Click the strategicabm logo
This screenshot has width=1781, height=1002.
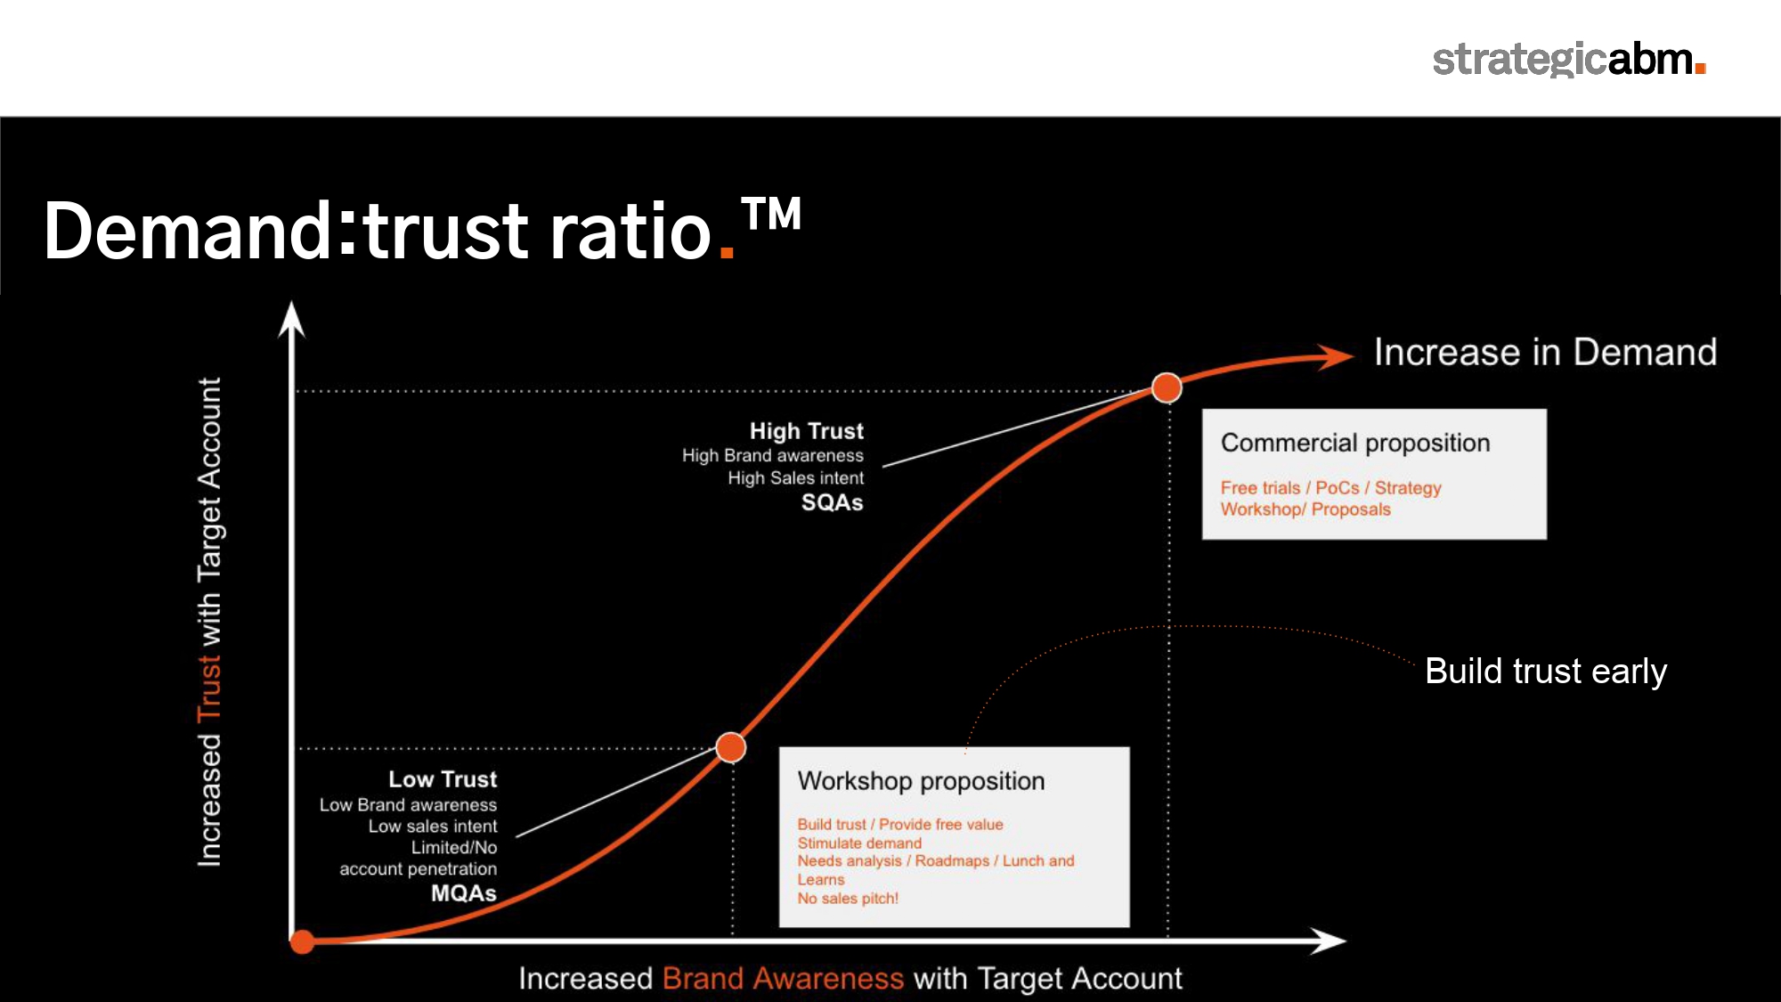pos(1568,60)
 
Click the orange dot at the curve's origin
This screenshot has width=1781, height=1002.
pos(303,941)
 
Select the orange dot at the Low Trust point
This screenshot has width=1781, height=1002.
pos(731,747)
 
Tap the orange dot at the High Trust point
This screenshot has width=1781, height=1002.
pos(1167,387)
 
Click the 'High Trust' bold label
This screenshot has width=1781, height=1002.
pos(806,431)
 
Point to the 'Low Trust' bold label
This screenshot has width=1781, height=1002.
pos(443,779)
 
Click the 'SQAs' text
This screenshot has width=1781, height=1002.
pos(832,502)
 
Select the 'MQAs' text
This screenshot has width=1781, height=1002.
pos(463,892)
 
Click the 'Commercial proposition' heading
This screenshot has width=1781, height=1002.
pos(1355,443)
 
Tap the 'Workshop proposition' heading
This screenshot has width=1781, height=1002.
pos(921,781)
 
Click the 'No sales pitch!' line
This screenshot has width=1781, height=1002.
pos(848,898)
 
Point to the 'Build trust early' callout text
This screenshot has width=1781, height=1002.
pos(1546,671)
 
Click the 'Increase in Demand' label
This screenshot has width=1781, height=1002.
pos(1545,352)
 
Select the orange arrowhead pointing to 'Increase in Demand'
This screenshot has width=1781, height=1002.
pos(1336,356)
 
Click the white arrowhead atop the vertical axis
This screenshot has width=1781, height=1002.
pos(291,320)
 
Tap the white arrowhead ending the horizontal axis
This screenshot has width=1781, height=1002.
pos(1328,941)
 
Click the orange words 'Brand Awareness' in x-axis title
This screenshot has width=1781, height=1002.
pos(783,978)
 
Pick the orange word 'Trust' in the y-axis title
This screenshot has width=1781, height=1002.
pos(208,688)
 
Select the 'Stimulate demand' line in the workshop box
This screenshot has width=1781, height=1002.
pos(859,843)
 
